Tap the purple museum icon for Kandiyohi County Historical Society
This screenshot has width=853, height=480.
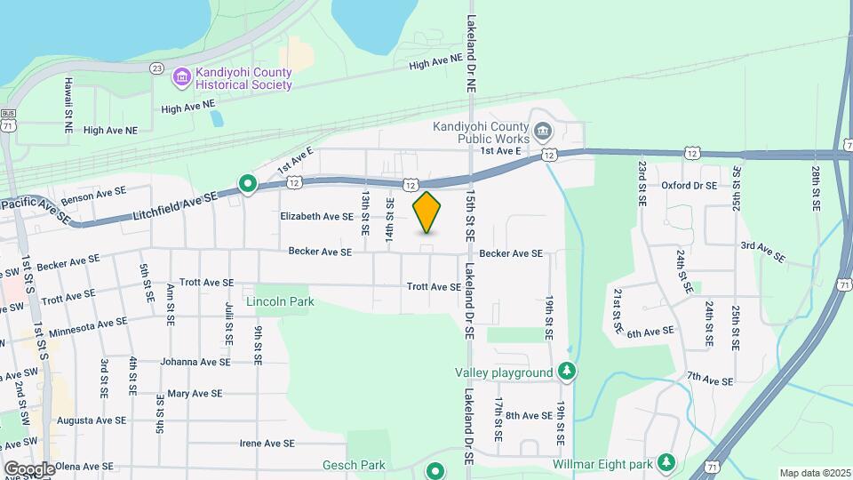coord(182,77)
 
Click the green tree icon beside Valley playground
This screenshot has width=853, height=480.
coord(565,372)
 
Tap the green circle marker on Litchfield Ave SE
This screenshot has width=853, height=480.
coord(248,185)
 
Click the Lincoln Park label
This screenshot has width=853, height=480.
coord(280,302)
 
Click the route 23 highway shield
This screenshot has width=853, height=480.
coord(156,68)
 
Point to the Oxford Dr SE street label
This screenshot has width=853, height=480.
coord(689,186)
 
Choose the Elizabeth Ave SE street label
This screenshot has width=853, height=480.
coord(316,216)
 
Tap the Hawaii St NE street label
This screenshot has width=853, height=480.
coord(68,105)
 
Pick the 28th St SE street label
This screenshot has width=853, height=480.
coord(815,188)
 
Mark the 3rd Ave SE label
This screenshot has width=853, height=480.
coord(762,252)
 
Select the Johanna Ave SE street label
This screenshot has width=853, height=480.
coord(195,362)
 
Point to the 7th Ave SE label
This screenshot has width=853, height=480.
coord(709,380)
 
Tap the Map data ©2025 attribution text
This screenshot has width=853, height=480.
coord(815,473)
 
